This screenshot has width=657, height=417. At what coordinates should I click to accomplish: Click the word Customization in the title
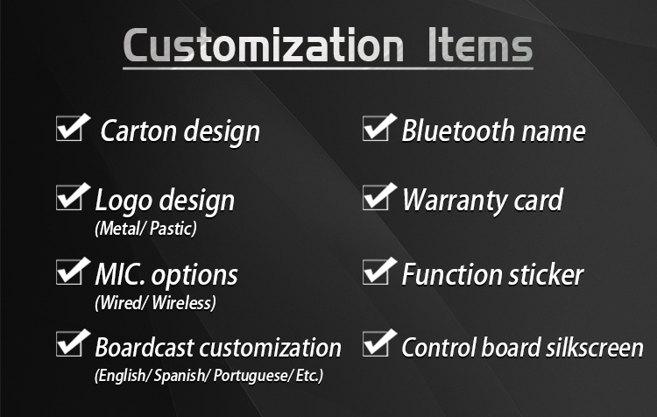[264, 46]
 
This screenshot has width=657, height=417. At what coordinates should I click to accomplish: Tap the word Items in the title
[480, 46]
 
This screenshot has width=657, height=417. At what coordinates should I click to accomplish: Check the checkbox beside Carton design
[69, 129]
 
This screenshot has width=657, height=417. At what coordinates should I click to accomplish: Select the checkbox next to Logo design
[69, 198]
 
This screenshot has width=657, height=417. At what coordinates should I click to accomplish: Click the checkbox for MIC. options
[69, 272]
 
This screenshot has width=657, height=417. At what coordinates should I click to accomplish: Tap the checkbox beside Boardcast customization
[69, 344]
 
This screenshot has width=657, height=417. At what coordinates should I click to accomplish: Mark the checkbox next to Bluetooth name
[376, 129]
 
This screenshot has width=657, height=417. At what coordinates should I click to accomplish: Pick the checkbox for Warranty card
[376, 198]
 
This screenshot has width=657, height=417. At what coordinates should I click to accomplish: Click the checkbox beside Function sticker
[376, 272]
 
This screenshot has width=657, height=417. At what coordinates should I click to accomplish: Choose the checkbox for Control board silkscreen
[376, 344]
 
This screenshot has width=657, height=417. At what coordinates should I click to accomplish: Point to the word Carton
[138, 131]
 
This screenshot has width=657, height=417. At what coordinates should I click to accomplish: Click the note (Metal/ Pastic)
[145, 229]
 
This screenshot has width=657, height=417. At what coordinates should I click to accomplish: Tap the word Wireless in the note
[184, 302]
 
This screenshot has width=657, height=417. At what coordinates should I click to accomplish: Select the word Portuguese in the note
[251, 376]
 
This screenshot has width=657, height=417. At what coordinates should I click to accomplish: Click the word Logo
[124, 201]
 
